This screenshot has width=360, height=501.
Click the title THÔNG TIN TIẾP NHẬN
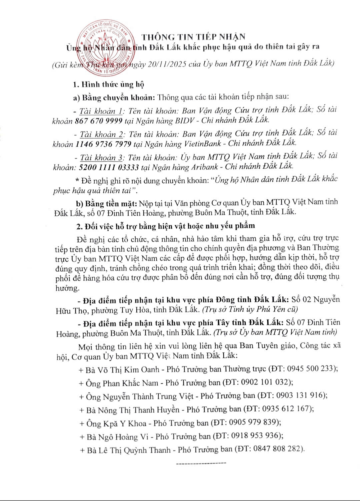click(194, 37)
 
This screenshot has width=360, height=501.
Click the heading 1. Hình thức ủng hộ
click(109, 84)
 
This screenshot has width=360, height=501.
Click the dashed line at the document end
click(201, 463)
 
